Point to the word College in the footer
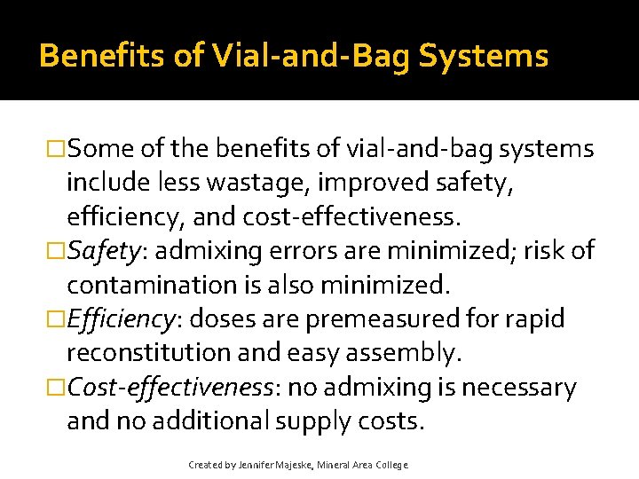click(x=390, y=465)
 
